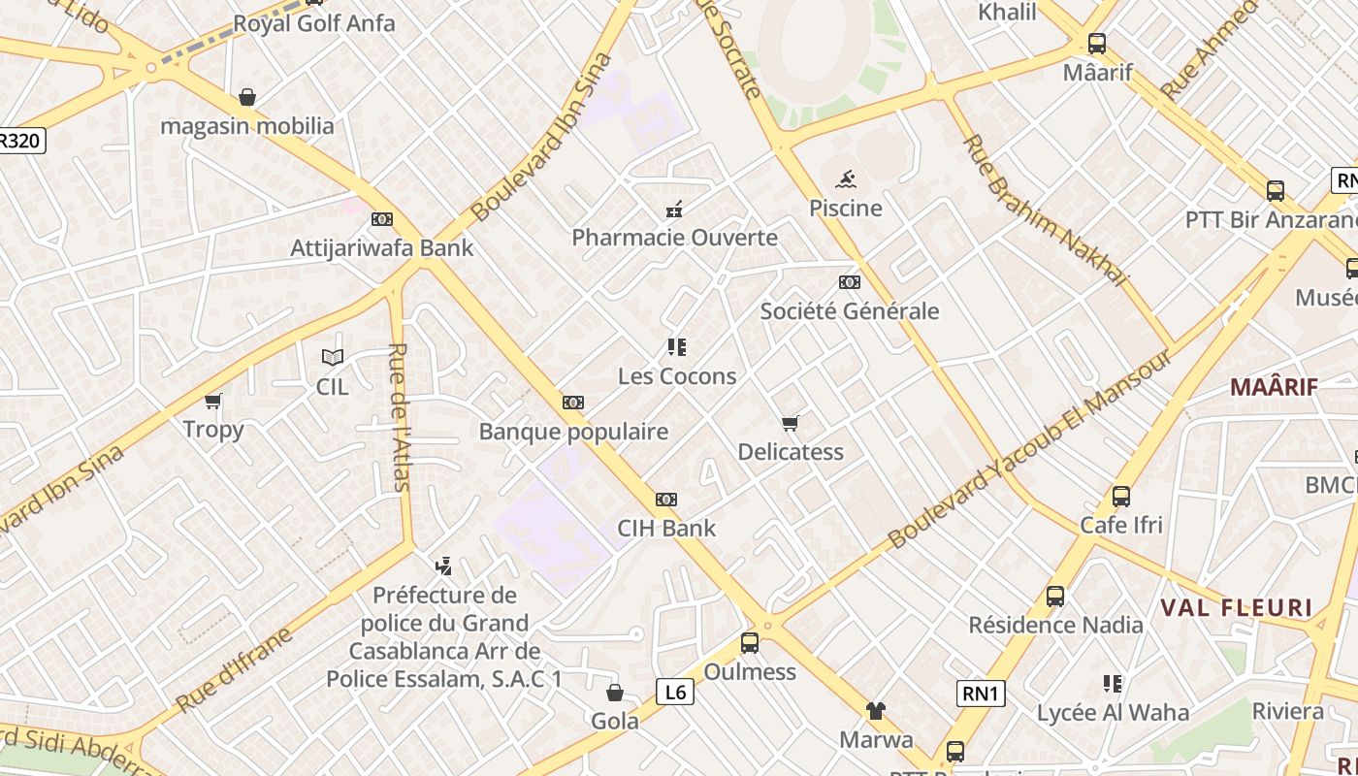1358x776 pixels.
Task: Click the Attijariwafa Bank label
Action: pos(382,247)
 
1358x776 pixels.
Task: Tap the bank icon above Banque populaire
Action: pos(573,403)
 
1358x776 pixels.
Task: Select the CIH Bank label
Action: pos(666,529)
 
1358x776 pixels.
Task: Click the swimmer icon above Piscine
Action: pos(846,179)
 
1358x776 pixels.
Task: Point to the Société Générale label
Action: pos(849,311)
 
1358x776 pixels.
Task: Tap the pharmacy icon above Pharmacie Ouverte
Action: pos(674,209)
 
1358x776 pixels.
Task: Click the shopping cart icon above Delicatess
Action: pos(791,423)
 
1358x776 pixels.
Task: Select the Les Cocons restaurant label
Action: pos(677,376)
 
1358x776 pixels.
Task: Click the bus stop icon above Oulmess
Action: pos(749,642)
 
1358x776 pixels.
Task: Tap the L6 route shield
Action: pos(675,692)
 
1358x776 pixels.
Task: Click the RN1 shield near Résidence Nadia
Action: pos(981,694)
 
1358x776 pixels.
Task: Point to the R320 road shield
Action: pos(20,141)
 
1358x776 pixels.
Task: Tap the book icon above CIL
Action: pos(333,357)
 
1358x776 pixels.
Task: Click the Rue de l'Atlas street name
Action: pos(398,417)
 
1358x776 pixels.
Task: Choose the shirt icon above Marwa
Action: pos(876,711)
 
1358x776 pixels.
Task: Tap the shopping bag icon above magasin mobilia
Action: pos(247,97)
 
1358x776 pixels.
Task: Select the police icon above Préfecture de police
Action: pos(444,566)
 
